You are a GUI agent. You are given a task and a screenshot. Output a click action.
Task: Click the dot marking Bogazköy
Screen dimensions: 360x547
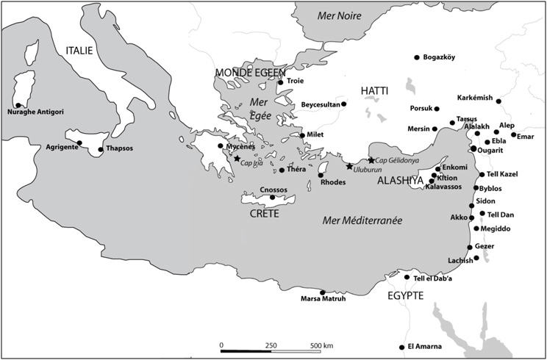point(417,57)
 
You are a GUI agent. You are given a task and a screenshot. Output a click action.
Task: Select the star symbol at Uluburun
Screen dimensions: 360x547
point(349,166)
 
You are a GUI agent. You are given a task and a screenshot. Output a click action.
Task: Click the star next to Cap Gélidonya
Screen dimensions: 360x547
point(371,160)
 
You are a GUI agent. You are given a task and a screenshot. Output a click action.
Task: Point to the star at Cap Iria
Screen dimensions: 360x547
point(237,159)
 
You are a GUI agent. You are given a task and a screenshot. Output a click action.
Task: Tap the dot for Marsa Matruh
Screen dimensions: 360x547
point(322,292)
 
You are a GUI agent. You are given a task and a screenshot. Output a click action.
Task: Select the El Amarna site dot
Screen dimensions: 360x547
point(401,347)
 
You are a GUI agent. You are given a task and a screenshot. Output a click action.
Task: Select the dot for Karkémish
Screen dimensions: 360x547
point(498,101)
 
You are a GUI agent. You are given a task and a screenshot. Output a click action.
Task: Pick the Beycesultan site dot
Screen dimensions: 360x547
point(343,104)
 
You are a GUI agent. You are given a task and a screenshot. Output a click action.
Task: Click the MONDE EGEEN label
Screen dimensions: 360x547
point(249,72)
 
